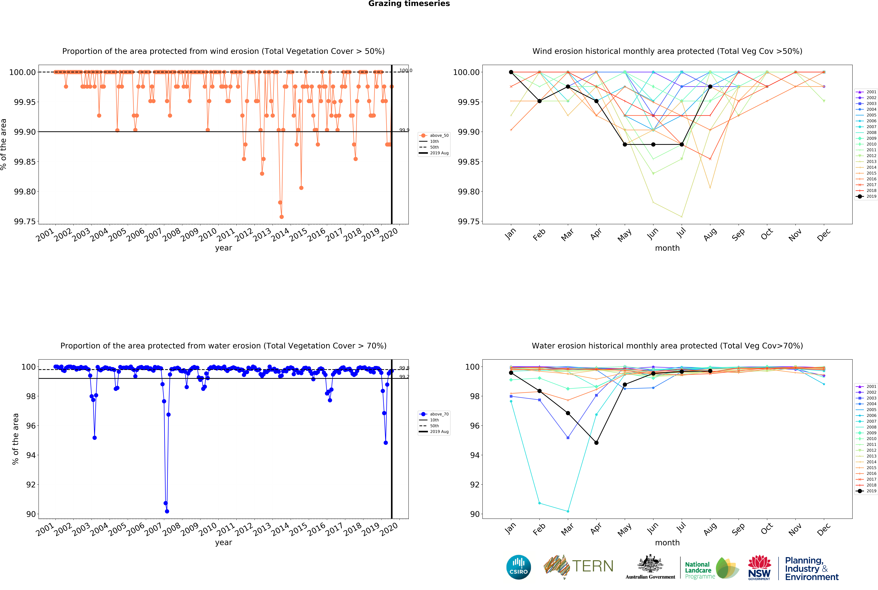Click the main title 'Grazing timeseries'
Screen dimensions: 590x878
pyautogui.click(x=409, y=4)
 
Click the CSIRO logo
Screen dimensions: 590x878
pyautogui.click(x=519, y=567)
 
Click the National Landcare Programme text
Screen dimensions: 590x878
pyautogui.click(x=700, y=570)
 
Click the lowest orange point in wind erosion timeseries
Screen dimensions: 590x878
pyautogui.click(x=282, y=217)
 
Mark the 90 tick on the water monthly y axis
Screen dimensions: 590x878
pyautogui.click(x=475, y=514)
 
